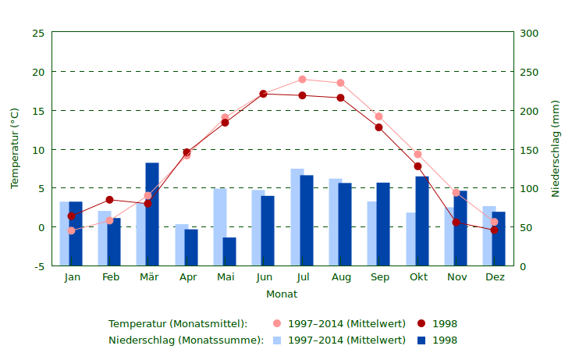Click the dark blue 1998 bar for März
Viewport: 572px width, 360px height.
(152, 214)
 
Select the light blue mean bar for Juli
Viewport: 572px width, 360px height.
(297, 217)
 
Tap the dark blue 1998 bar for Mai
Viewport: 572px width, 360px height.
(229, 251)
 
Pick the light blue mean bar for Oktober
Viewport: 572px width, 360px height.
(410, 239)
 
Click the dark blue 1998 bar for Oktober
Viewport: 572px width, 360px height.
(422, 221)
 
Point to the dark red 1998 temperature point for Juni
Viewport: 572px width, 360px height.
(264, 94)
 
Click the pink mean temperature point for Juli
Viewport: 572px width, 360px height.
(303, 79)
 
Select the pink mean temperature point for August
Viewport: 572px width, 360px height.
(341, 83)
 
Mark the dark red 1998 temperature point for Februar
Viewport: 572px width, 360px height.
(110, 200)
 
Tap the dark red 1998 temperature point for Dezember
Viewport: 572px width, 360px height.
(494, 230)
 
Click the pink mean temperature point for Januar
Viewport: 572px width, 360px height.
(72, 230)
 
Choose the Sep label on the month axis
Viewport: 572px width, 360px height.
(379, 277)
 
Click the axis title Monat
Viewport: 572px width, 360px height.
(282, 294)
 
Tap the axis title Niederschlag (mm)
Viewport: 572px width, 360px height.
(556, 148)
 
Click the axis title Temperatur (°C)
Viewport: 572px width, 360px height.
(15, 148)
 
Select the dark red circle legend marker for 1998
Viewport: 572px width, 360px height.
(421, 323)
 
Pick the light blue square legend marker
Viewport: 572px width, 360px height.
(277, 340)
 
